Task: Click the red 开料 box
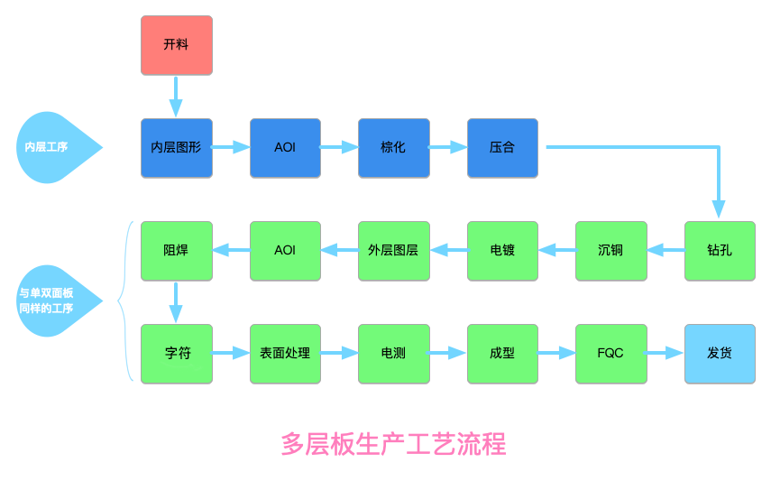pyautogui.click(x=177, y=45)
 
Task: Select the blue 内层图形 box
pyautogui.click(x=177, y=147)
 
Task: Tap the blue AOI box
pyautogui.click(x=285, y=147)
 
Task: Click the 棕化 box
pyautogui.click(x=393, y=147)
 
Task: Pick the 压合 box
pyautogui.click(x=502, y=147)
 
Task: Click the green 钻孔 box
pyautogui.click(x=720, y=250)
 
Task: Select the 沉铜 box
pyautogui.click(x=610, y=250)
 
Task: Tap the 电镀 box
pyautogui.click(x=502, y=250)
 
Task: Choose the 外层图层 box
pyautogui.click(x=393, y=250)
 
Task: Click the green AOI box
pyautogui.click(x=285, y=250)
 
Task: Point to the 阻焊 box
pyautogui.click(x=177, y=250)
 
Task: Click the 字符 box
pyautogui.click(x=177, y=353)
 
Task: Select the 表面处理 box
pyautogui.click(x=285, y=353)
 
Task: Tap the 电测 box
pyautogui.click(x=393, y=353)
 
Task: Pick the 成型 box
pyautogui.click(x=502, y=353)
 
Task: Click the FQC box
pyautogui.click(x=610, y=353)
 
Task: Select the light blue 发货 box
pyautogui.click(x=720, y=353)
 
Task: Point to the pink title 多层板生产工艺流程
pyautogui.click(x=393, y=444)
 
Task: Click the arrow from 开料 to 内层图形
pyautogui.click(x=176, y=96)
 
